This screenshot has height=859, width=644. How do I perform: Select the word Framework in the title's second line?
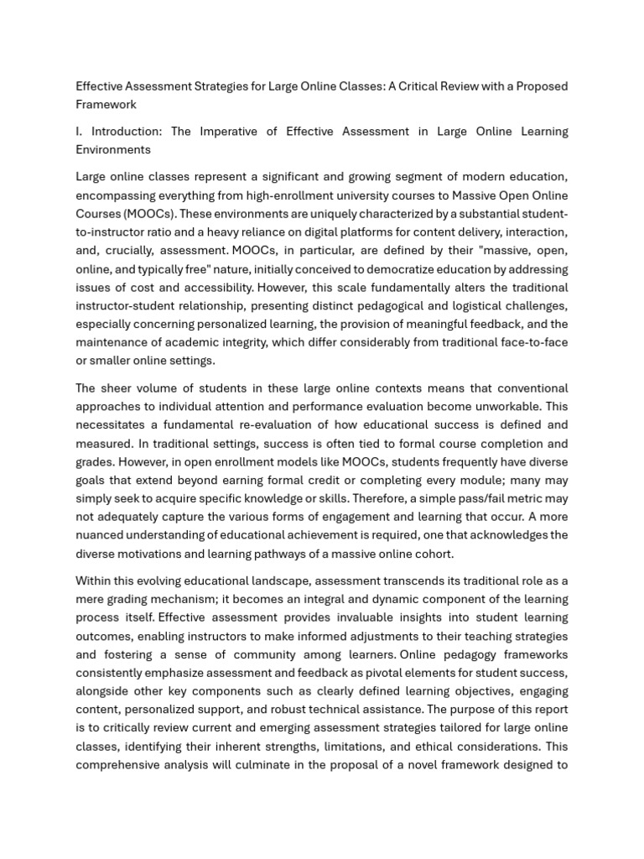[x=106, y=105]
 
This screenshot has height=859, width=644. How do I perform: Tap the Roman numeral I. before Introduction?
[x=80, y=132]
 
